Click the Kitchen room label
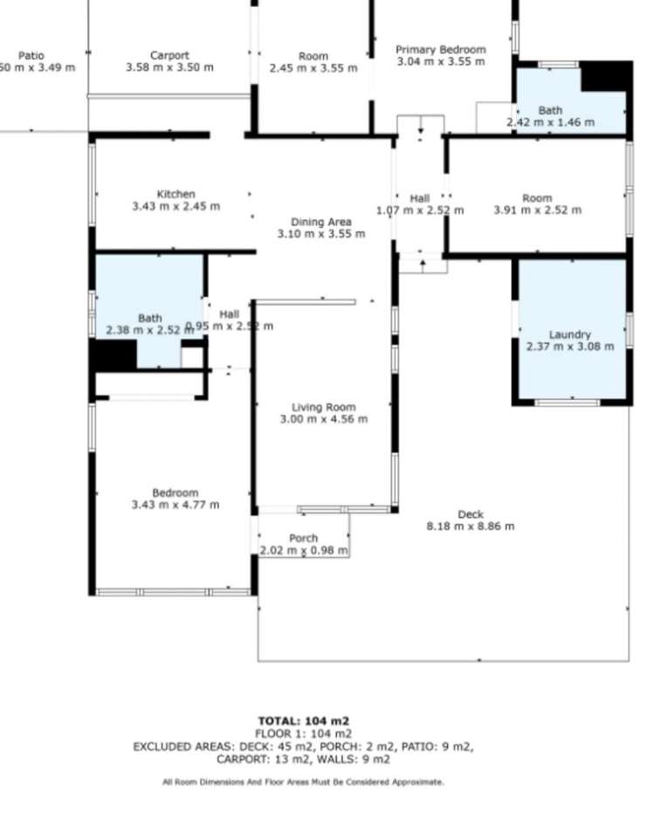(x=176, y=194)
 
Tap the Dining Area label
(x=320, y=222)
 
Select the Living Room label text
(x=323, y=407)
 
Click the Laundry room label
(x=569, y=334)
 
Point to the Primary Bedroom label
(x=440, y=50)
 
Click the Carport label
(x=169, y=55)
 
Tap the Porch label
(x=303, y=538)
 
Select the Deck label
(x=470, y=514)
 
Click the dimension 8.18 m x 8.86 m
(x=470, y=527)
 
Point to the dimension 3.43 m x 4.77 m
(x=175, y=505)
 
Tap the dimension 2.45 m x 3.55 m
(x=313, y=68)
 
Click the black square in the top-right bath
(x=605, y=77)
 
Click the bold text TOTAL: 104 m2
(x=303, y=720)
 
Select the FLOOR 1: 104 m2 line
(x=303, y=734)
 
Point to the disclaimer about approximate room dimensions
(x=303, y=782)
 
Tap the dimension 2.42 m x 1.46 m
(x=550, y=122)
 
